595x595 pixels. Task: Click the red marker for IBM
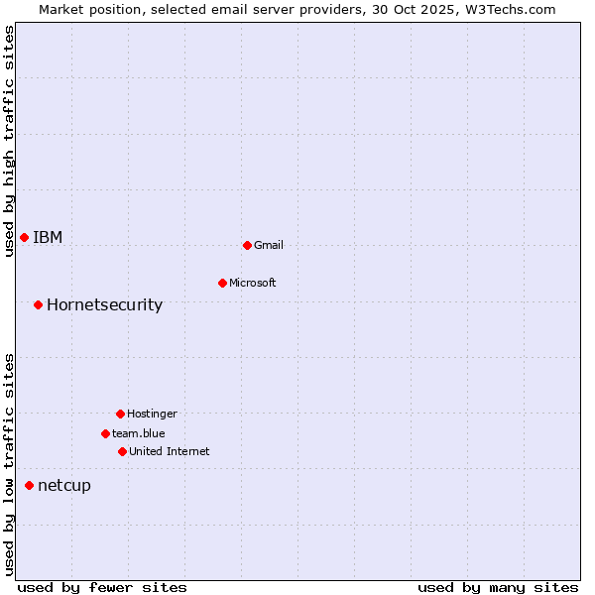click(24, 237)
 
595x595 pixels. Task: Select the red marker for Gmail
click(247, 245)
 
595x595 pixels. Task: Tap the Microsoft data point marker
click(222, 283)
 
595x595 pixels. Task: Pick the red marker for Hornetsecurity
click(38, 304)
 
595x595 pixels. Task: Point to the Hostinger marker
click(120, 414)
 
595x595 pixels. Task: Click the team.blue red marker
click(105, 433)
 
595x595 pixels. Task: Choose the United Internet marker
click(122, 451)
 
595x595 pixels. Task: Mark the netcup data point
click(29, 485)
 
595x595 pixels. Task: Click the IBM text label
click(48, 237)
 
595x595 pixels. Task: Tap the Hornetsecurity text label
click(104, 304)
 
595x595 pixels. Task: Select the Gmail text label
click(269, 245)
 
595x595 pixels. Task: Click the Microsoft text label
click(253, 283)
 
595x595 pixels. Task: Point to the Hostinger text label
click(152, 414)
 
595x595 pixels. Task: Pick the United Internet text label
click(170, 451)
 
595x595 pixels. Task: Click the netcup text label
click(63, 485)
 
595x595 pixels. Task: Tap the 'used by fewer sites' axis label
click(102, 587)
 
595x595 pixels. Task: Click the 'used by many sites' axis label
click(498, 587)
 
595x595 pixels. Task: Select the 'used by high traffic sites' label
click(9, 141)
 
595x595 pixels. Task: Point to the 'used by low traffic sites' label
click(9, 464)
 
